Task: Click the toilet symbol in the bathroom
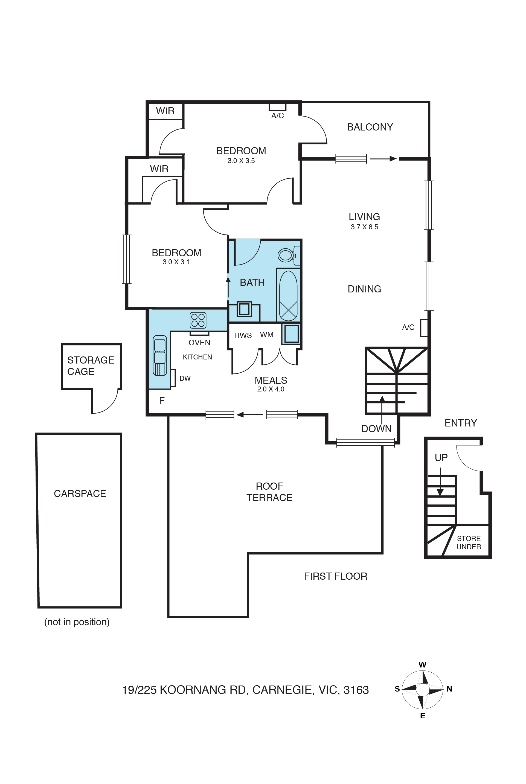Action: tap(288, 255)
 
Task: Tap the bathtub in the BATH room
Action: tap(288, 295)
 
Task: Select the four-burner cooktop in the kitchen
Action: tap(198, 320)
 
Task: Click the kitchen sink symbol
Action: tap(160, 355)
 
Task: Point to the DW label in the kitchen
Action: tap(185, 378)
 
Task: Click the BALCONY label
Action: tap(370, 127)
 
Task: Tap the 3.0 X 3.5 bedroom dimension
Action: tap(241, 161)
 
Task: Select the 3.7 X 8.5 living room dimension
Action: tap(364, 227)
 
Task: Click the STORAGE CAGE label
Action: tap(91, 366)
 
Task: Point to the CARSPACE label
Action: tap(80, 493)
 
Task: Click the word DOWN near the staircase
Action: tap(376, 429)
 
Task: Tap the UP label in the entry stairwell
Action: tap(441, 458)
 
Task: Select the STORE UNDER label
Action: tap(469, 542)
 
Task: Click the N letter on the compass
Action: tap(449, 689)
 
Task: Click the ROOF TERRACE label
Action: tap(269, 492)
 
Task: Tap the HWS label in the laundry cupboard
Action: tap(243, 335)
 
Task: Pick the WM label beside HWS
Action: tap(267, 335)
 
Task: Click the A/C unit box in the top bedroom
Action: tap(277, 107)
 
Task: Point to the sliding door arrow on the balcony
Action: tap(383, 159)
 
